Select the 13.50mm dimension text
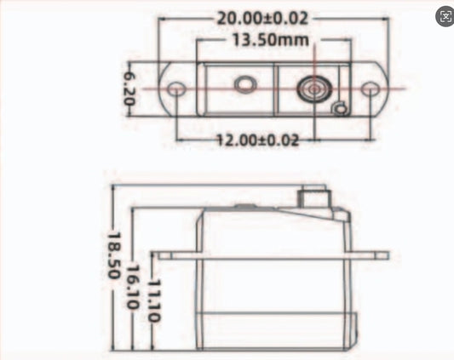click(261, 39)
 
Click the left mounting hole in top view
click(176, 89)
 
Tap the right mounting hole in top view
click(369, 89)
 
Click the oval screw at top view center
click(245, 84)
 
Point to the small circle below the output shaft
click(340, 108)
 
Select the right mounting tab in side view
click(370, 254)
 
